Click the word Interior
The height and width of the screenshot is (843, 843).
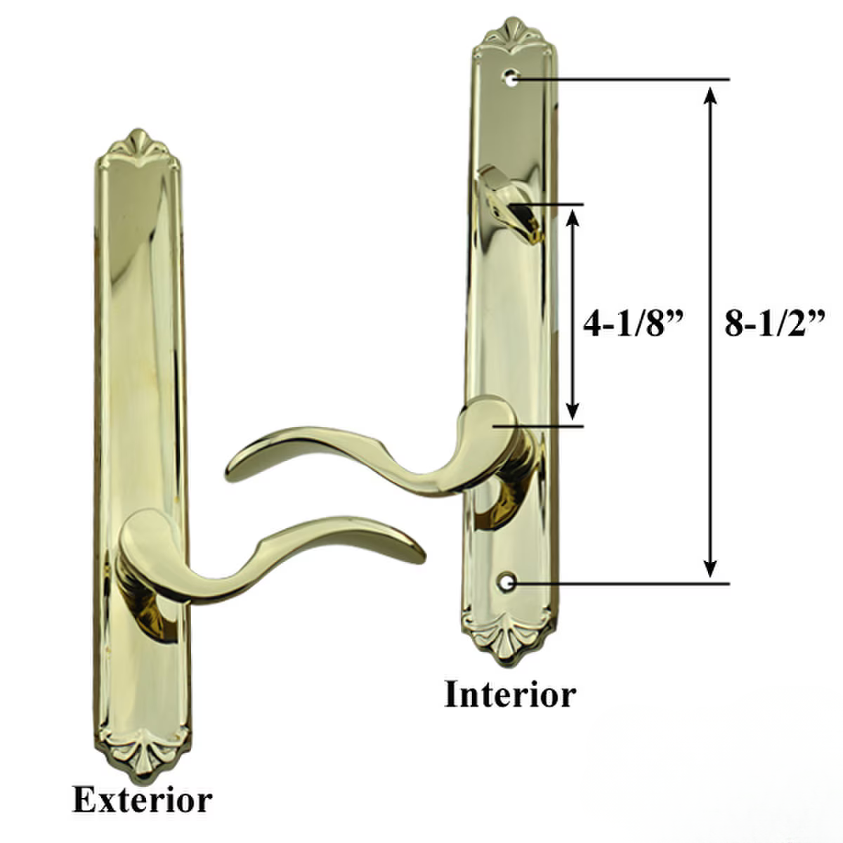[509, 695]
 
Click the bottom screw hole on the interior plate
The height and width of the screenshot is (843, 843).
[507, 583]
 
